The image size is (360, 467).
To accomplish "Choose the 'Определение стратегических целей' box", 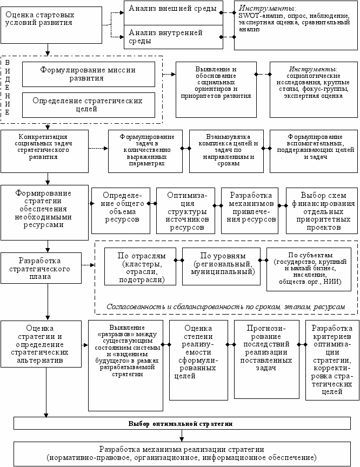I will (88, 104).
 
